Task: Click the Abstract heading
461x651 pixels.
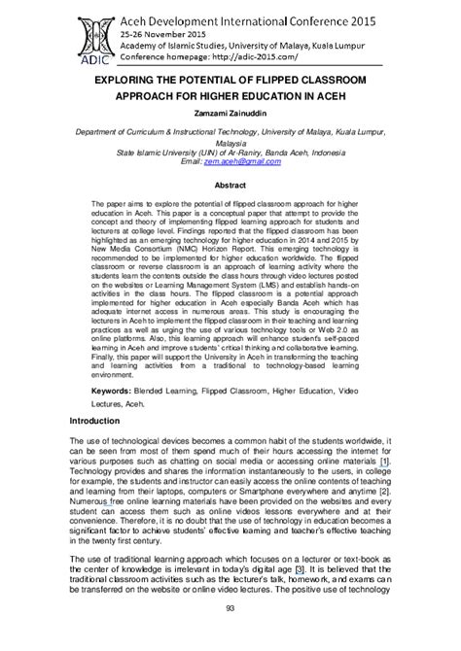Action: (x=230, y=185)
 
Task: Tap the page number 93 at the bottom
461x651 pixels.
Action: (x=230, y=635)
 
